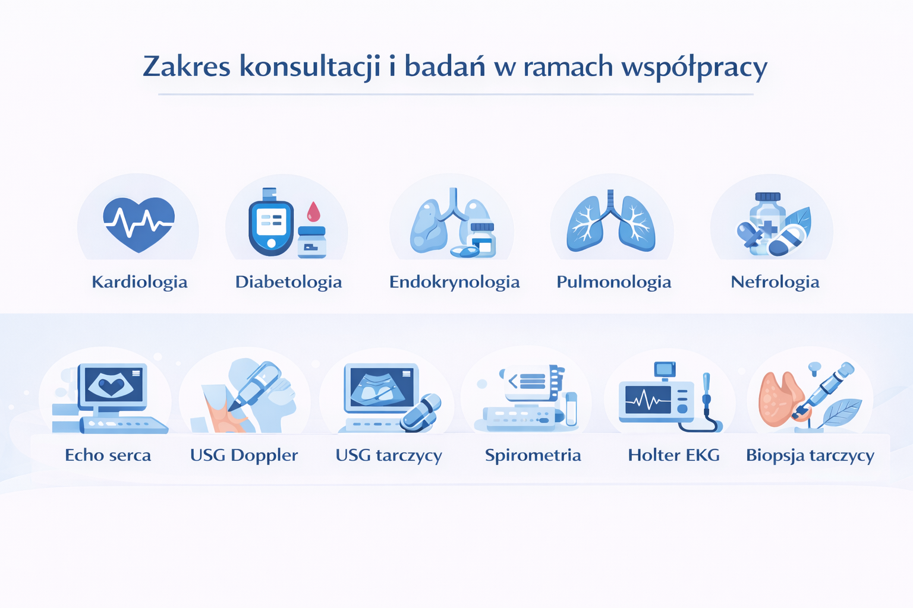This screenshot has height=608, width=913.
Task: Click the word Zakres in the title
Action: tap(186, 66)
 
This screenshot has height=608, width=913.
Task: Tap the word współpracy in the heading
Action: tap(694, 68)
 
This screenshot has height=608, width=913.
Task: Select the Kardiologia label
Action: tap(140, 282)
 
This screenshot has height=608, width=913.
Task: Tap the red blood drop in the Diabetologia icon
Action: tap(313, 212)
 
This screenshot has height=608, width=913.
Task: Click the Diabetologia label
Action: tap(288, 282)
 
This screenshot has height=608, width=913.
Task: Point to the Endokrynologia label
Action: tap(455, 283)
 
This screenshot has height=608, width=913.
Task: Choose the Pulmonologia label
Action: tap(614, 282)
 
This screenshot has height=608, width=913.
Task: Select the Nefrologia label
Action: tap(775, 282)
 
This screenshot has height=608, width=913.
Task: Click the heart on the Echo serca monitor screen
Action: tap(111, 386)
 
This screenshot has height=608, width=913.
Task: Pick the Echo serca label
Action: tap(108, 455)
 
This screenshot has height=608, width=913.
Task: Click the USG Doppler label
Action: tap(244, 455)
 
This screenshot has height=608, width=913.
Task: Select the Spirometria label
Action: tap(533, 455)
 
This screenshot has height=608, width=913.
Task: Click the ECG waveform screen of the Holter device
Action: tap(648, 399)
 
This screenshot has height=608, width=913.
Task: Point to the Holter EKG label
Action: tap(673, 455)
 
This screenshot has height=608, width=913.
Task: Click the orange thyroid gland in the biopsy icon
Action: tap(779, 399)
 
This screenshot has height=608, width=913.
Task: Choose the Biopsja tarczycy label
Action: tap(810, 455)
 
